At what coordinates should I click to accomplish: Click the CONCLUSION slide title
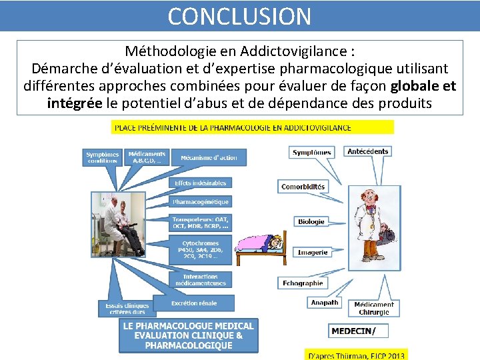[x=239, y=16]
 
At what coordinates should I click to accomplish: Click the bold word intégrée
[x=74, y=103]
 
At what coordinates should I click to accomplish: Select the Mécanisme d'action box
[x=209, y=157]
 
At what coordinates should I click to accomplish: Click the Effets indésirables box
[x=200, y=183]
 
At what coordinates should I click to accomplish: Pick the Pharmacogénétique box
[x=200, y=201]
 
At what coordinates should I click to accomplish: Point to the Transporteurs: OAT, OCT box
[x=200, y=222]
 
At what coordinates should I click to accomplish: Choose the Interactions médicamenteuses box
[x=200, y=279]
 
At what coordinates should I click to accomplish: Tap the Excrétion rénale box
[x=193, y=303]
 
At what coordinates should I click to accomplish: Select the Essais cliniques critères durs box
[x=125, y=308]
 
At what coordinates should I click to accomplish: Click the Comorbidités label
[x=303, y=187]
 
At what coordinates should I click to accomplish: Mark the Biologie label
[x=311, y=221]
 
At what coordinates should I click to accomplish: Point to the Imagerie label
[x=312, y=252]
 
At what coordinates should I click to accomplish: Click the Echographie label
[x=303, y=283]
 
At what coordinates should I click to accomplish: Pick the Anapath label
[x=325, y=303]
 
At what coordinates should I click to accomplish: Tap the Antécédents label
[x=367, y=151]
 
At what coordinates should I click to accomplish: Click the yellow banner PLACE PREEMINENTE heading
[x=253, y=127]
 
